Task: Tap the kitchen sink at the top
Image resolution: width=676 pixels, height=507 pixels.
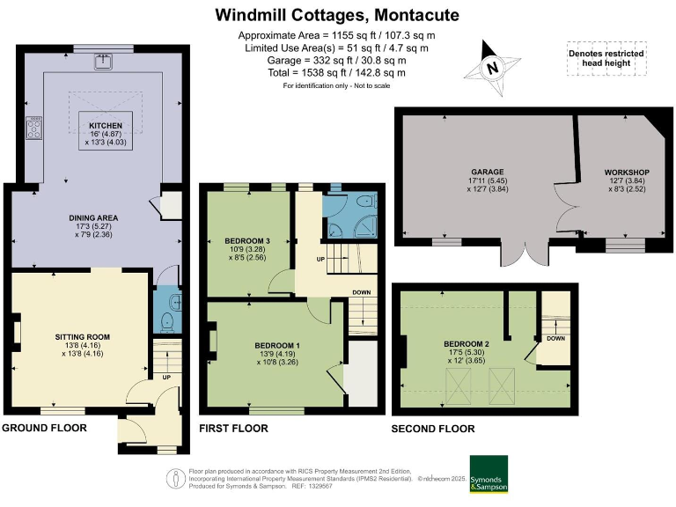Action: (x=104, y=61)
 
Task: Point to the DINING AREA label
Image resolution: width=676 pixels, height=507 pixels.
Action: (x=94, y=217)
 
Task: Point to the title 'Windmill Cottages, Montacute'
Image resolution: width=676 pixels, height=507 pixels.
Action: (x=337, y=16)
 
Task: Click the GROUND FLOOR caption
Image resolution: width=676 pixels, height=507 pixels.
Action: (x=45, y=428)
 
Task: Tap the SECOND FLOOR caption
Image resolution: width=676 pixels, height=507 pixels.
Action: (x=433, y=429)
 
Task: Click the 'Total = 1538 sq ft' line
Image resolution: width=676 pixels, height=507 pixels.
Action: (x=337, y=73)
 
